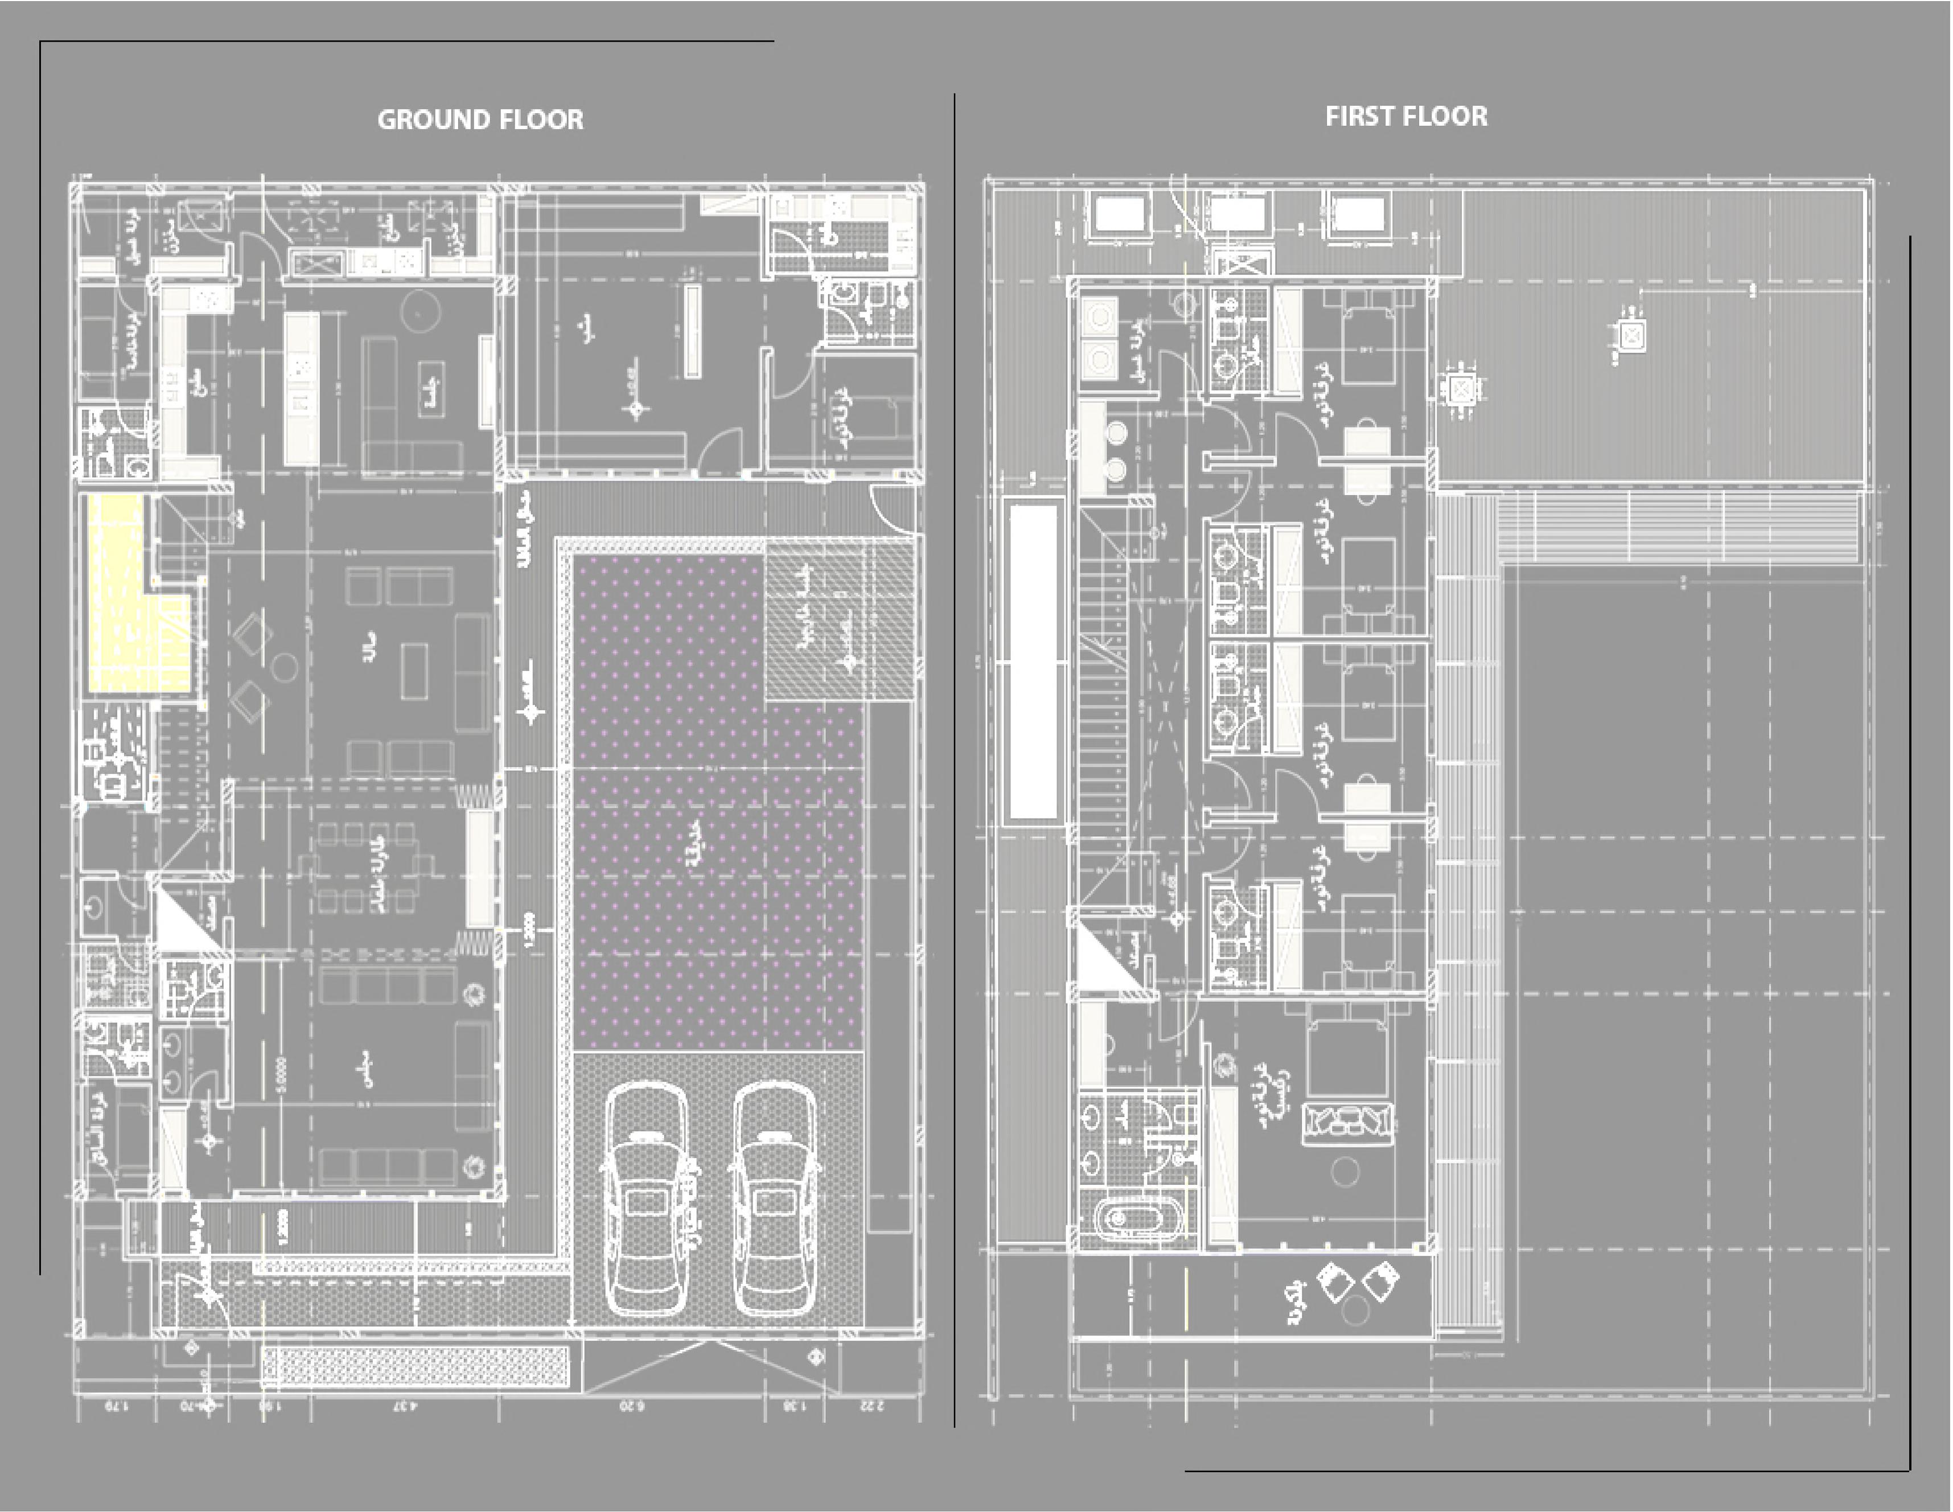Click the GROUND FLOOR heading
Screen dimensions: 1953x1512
pyautogui.click(x=480, y=120)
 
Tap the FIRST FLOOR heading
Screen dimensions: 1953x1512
pyautogui.click(x=1406, y=116)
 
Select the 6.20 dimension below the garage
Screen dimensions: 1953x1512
pyautogui.click(x=631, y=1406)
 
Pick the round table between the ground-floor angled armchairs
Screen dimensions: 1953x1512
pyautogui.click(x=285, y=666)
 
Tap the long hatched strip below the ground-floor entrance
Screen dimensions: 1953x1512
pyautogui.click(x=414, y=1367)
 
